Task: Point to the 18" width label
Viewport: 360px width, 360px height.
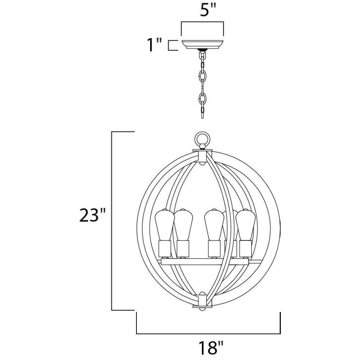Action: [x=211, y=347]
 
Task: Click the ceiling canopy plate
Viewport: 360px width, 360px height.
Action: [x=202, y=45]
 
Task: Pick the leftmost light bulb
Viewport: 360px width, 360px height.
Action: [x=164, y=225]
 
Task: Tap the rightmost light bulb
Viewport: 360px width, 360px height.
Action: [x=246, y=225]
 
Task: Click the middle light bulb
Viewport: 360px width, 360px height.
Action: [x=214, y=225]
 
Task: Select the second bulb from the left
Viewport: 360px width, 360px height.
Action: [x=183, y=225]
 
